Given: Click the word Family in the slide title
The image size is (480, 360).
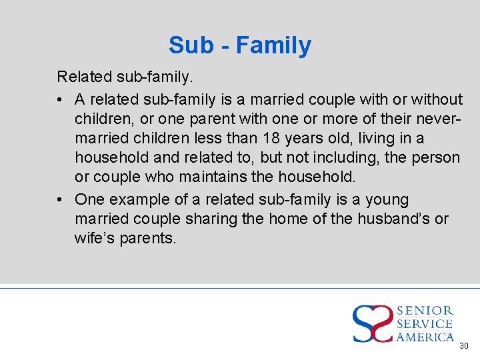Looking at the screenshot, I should point(273,45).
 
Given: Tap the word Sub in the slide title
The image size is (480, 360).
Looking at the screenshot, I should point(186,45).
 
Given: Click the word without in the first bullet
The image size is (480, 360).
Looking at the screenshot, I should point(437,99).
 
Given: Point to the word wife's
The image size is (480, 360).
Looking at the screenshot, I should point(95,238).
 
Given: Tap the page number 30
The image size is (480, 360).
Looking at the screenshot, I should point(464,346).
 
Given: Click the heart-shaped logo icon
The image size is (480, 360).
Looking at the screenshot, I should point(373,323).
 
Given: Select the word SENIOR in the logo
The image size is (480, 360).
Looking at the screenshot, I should point(425,311).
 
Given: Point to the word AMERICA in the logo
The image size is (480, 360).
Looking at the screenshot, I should point(425,337).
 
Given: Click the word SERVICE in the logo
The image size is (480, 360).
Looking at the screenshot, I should point(425,324).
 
